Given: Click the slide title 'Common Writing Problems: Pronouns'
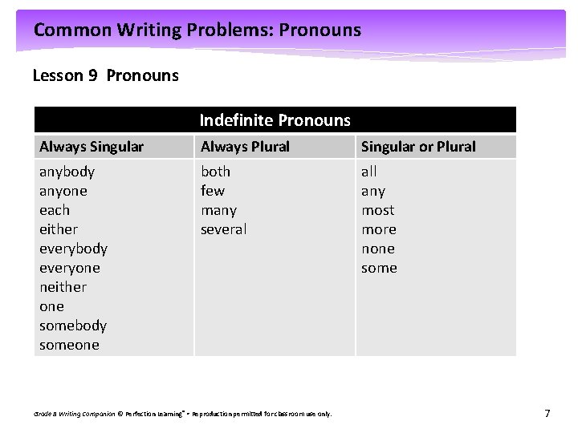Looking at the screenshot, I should click(x=197, y=30).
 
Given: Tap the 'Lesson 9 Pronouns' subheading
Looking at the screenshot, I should click(x=105, y=75).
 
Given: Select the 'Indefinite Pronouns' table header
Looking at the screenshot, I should click(x=275, y=120).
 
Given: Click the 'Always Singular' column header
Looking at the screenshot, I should click(x=92, y=147).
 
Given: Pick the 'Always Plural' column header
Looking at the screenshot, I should click(x=245, y=147).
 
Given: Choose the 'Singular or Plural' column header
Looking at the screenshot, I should click(x=418, y=147).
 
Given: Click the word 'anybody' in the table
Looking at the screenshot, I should click(x=67, y=172).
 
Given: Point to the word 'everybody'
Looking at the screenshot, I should click(x=73, y=249).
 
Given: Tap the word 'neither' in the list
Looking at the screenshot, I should click(x=63, y=287).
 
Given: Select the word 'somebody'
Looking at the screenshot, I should click(x=73, y=326).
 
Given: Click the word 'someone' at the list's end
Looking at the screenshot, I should click(x=69, y=345).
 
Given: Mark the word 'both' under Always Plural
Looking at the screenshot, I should click(x=215, y=172).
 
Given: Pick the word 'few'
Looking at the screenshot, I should click(x=213, y=191).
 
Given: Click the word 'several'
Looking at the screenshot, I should click(x=223, y=229).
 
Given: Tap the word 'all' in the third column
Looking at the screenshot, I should click(x=368, y=172).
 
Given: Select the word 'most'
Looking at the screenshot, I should click(x=377, y=210).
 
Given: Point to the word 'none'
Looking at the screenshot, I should click(x=378, y=249).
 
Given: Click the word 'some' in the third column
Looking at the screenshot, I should click(x=379, y=268).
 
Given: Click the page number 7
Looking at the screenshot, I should click(x=547, y=414).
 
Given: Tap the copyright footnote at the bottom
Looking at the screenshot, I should click(x=182, y=414).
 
